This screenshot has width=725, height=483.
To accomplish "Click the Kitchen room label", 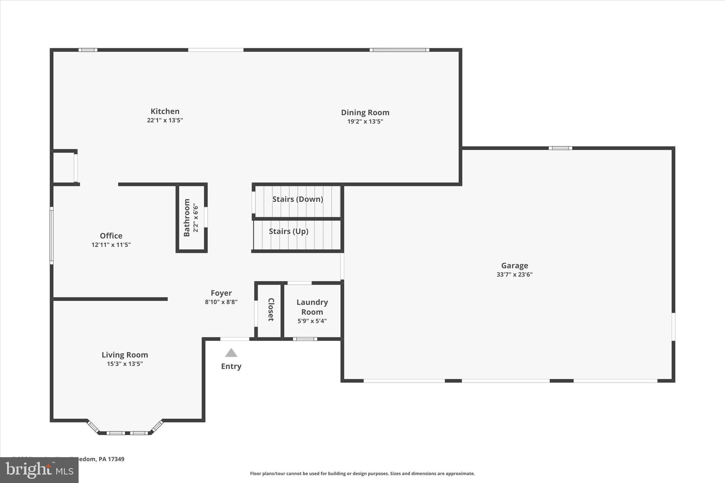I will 165,111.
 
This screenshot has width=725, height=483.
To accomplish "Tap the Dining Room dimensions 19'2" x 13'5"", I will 365,121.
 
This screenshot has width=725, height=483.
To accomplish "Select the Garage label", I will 514,265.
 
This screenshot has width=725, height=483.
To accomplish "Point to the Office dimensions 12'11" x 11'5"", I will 111,245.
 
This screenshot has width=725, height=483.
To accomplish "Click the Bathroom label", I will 187,218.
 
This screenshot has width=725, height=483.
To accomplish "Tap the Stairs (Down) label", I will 297,199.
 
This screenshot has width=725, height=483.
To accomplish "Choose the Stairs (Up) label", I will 289,231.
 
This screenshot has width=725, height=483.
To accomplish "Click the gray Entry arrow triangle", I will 231,353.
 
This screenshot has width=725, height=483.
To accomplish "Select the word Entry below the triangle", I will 231,366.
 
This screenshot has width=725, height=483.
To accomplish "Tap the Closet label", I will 271,310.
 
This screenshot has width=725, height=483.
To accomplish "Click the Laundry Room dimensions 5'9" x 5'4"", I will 312,321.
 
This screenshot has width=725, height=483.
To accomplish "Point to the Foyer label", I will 221,293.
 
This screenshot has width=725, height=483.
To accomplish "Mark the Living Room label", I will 125,355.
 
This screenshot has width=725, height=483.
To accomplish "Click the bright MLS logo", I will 39,470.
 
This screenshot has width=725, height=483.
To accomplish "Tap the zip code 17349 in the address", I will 116,459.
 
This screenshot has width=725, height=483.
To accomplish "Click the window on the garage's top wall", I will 560,148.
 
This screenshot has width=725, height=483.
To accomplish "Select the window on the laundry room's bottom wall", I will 305,339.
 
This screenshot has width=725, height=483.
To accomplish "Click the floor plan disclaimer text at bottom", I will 362,473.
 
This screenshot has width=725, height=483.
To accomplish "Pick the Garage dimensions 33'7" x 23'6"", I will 514,274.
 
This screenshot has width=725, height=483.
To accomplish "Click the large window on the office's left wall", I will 52,235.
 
